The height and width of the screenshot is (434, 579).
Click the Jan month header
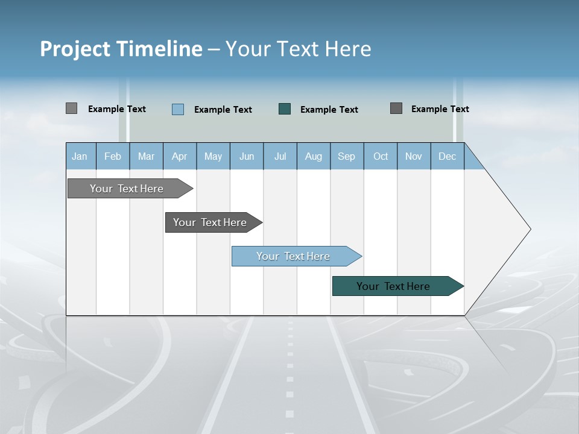[80, 156]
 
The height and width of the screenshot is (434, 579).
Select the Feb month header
[113, 156]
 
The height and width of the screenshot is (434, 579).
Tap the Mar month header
[146, 156]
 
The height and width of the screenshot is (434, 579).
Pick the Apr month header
[180, 156]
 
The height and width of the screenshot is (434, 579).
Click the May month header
[213, 156]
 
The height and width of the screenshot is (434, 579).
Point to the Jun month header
[247, 156]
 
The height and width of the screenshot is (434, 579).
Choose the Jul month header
[280, 156]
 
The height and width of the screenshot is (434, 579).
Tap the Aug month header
[314, 156]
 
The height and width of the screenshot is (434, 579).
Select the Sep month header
[347, 156]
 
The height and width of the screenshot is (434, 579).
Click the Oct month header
[381, 156]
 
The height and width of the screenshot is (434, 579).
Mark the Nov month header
[414, 156]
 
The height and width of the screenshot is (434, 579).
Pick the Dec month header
[448, 156]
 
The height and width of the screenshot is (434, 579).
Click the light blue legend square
[178, 109]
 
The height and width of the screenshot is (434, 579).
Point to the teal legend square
[285, 108]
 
